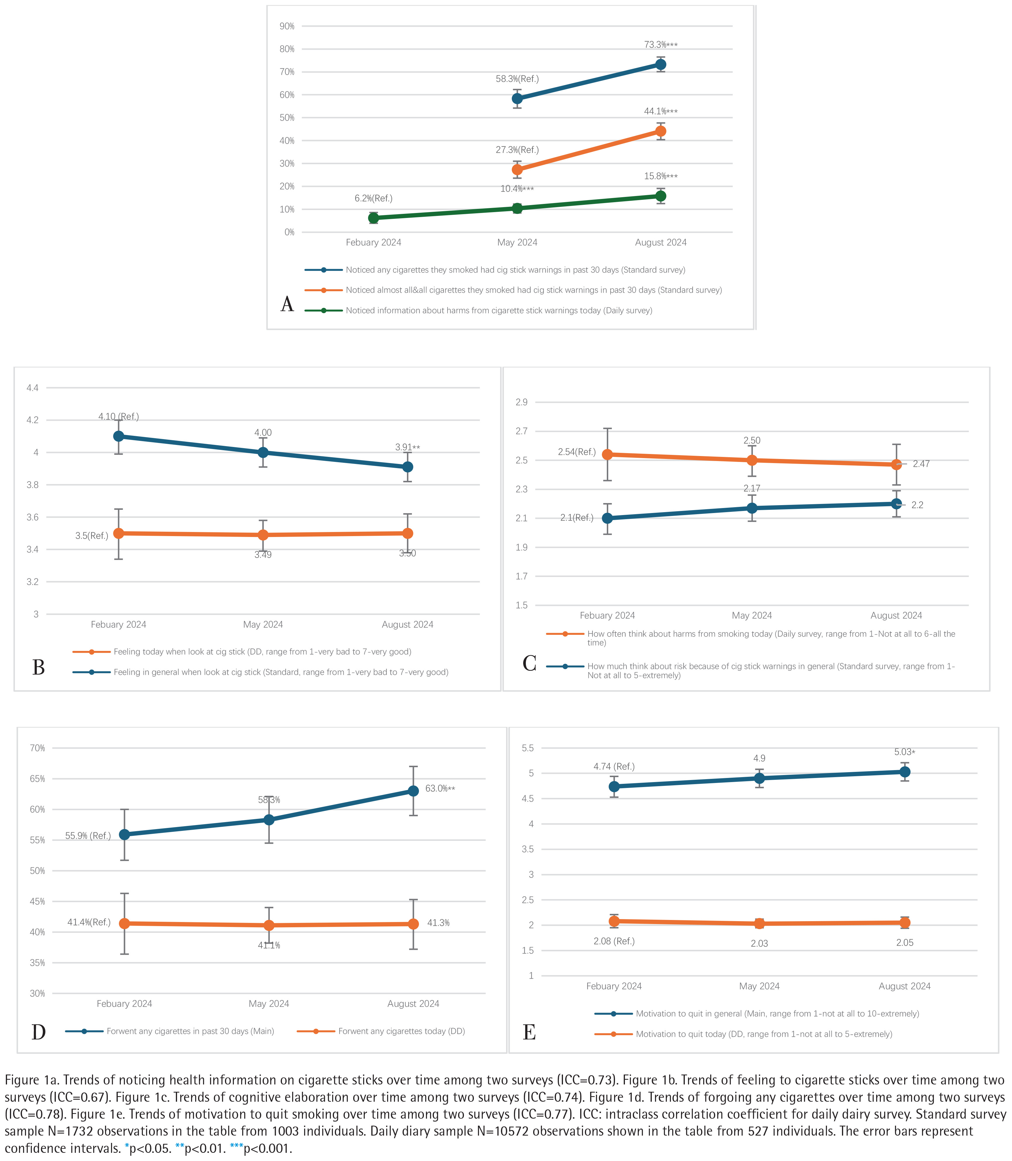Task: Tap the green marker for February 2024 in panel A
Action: [x=373, y=218]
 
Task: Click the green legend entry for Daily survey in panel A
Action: [x=499, y=311]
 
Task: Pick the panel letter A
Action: [x=287, y=304]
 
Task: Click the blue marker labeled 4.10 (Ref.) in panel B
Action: [x=119, y=436]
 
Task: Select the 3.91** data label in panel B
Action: [x=407, y=447]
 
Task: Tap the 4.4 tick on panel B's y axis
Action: [x=33, y=388]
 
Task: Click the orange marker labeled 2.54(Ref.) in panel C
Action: [x=607, y=455]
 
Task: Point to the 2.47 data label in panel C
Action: [x=921, y=464]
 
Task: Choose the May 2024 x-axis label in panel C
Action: [x=752, y=616]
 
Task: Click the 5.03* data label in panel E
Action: [x=904, y=752]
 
